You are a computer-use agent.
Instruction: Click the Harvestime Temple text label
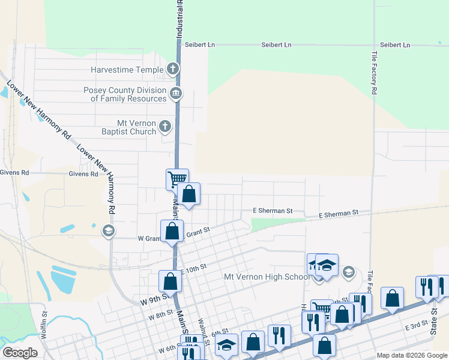point(127,70)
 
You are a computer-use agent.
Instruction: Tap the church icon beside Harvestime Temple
point(173,69)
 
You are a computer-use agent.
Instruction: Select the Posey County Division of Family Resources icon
point(176,93)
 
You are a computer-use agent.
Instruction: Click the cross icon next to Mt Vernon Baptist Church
point(165,127)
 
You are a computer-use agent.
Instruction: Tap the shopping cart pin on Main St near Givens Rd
point(177,179)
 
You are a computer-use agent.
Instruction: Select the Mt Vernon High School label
point(267,277)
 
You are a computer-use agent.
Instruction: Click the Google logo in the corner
point(20,353)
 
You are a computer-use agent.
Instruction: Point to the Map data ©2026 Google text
point(411,355)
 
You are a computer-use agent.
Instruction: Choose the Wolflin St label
point(44,321)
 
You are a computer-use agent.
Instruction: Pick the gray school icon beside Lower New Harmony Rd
point(108,230)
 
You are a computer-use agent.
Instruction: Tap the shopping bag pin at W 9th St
point(170,281)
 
